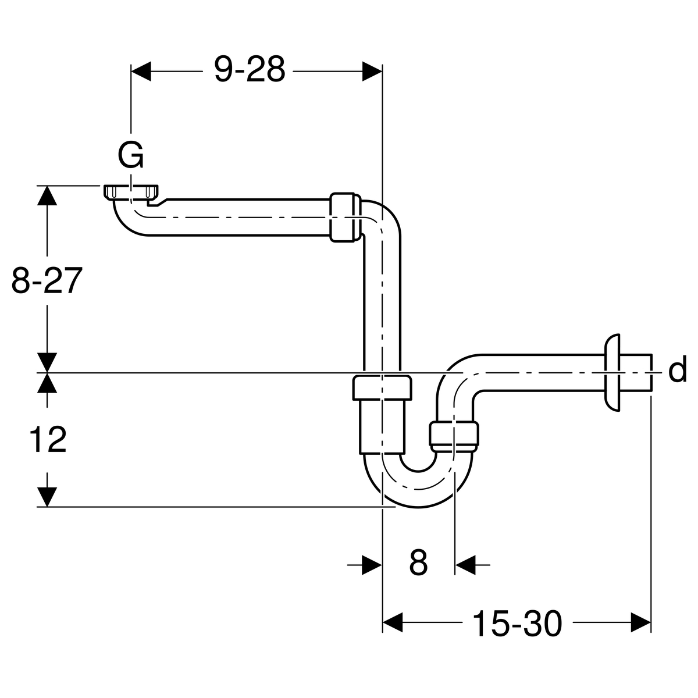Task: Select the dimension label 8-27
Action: [45, 282]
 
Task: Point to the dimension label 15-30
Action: [517, 624]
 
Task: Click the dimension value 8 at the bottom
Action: [418, 563]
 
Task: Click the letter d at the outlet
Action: [677, 371]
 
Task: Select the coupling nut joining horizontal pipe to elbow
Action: [346, 216]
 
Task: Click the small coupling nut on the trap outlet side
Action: [455, 435]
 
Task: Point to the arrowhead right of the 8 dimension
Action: [465, 564]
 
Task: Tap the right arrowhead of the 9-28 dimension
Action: [372, 71]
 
